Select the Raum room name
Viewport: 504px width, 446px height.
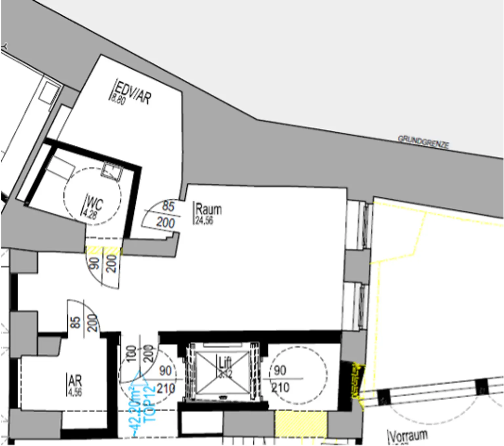point(209,209)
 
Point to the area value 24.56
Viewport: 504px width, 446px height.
point(204,220)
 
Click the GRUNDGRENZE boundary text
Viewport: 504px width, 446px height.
point(423,142)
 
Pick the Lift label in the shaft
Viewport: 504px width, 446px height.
point(225,362)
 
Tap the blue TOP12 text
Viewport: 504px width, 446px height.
point(150,403)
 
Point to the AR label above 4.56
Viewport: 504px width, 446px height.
point(75,381)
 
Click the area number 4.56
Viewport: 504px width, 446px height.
point(75,392)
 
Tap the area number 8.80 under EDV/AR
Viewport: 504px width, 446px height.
point(117,99)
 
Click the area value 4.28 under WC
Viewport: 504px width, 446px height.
point(89,214)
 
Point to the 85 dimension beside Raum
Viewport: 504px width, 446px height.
point(168,206)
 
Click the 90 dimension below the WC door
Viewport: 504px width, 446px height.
point(94,263)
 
